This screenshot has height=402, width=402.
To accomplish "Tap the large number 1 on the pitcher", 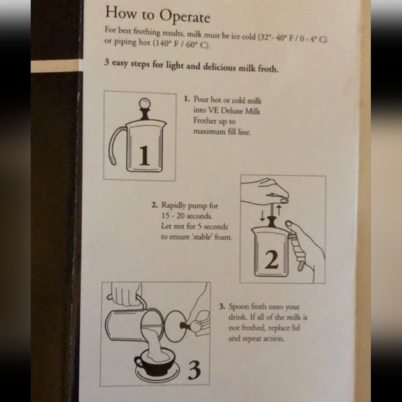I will [x=143, y=157].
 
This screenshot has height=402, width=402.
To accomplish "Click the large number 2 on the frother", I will [x=272, y=261].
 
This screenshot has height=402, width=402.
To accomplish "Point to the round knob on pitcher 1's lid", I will [x=144, y=104].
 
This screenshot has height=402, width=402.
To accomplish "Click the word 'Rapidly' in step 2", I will [x=176, y=206].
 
